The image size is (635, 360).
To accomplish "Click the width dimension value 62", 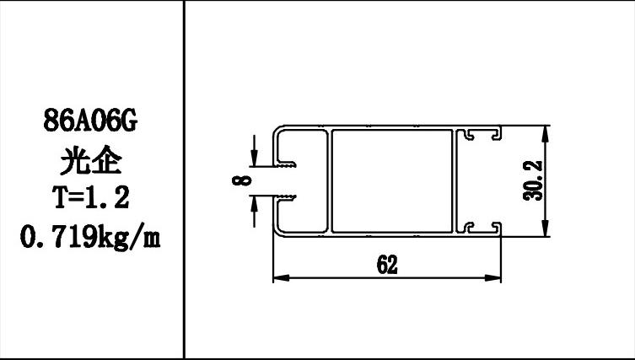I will pos(387,263).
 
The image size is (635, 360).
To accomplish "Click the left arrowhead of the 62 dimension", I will pos(277,276).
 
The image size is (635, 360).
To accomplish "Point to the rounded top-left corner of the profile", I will pos(277,133).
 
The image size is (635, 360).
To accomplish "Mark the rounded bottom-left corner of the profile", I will pos(277,228).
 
